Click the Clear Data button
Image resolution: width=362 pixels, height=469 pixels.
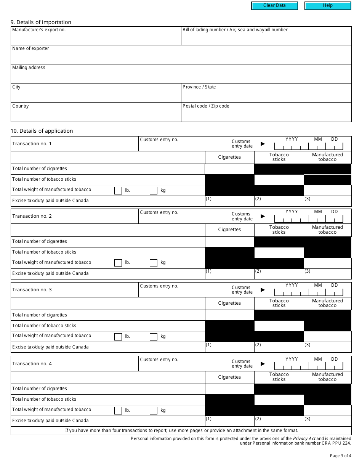(x=274, y=6)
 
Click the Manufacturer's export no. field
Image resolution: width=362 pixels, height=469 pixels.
(x=96, y=39)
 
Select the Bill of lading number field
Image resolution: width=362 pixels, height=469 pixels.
(x=266, y=39)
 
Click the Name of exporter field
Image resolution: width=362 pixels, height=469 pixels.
(x=181, y=57)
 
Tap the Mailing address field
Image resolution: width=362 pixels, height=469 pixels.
(x=181, y=76)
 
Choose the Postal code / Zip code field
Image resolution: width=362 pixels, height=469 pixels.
(x=266, y=115)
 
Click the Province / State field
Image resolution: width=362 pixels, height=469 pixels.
(x=266, y=95)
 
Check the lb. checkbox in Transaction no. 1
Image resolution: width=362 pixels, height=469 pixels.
(x=118, y=191)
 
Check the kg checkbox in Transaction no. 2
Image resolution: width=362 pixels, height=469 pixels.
(x=154, y=263)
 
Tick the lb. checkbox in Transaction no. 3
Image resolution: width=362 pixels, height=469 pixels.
(x=118, y=337)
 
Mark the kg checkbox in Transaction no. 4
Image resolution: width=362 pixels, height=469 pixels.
(x=154, y=411)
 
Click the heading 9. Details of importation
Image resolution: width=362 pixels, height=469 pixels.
(x=41, y=22)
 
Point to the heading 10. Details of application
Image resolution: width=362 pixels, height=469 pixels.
(x=42, y=131)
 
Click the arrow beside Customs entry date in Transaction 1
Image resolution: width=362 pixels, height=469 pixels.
(x=263, y=144)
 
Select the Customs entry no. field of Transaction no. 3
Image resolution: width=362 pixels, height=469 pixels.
(x=184, y=292)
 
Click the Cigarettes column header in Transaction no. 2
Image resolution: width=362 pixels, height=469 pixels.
(x=229, y=230)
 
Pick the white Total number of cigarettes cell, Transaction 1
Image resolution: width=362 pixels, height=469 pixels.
(x=229, y=169)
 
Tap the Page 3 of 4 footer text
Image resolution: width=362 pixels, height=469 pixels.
(x=340, y=456)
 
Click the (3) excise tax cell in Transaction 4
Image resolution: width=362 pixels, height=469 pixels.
(x=328, y=421)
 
